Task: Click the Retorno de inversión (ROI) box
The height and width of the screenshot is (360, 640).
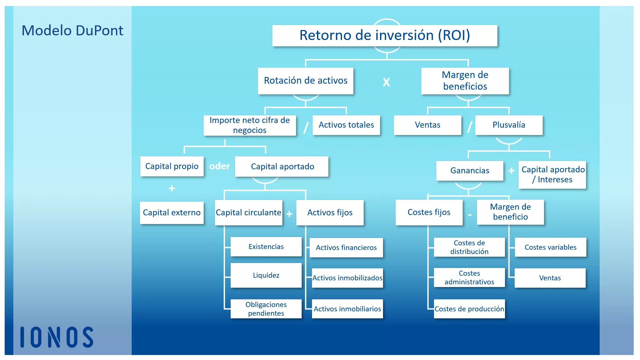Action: point(385,36)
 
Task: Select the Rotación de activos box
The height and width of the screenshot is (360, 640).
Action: point(305,81)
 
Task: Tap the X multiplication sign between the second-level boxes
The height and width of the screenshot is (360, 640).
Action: point(386,82)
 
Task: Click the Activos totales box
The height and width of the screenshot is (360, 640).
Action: point(346,125)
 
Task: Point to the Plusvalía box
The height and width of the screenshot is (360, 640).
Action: point(509,125)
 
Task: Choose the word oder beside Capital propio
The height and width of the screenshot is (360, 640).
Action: point(219,166)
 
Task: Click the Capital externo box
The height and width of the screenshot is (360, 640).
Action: point(172,213)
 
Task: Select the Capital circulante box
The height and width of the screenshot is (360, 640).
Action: point(248,213)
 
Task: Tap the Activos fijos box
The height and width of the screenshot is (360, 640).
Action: point(330,213)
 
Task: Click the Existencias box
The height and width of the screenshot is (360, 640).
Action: point(266,247)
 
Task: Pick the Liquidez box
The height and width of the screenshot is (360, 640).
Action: point(266,275)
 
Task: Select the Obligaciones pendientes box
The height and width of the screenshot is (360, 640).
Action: point(266,309)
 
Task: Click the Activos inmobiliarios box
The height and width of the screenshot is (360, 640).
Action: point(347,309)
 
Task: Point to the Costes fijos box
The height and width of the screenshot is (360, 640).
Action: point(429,212)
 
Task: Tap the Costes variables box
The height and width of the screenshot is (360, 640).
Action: point(550,247)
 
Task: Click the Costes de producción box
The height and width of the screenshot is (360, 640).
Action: point(469,309)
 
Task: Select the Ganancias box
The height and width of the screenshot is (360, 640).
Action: point(470,171)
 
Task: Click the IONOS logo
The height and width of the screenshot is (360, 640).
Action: point(57,337)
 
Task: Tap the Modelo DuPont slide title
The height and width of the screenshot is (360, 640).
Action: point(72,31)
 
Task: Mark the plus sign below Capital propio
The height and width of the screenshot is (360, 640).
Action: point(172,188)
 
